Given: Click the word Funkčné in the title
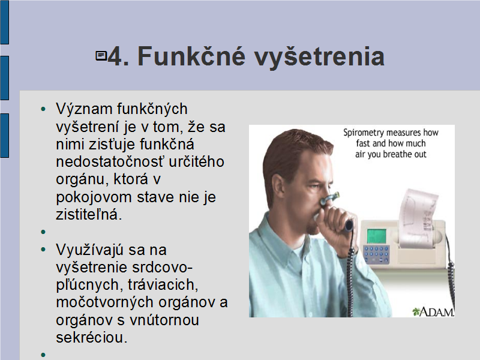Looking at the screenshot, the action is pyautogui.click(x=191, y=56).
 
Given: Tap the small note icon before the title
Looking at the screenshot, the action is pyautogui.click(x=101, y=56).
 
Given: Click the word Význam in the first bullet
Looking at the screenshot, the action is pyautogui.click(x=85, y=109).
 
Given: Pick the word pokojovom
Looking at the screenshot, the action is pyautogui.click(x=94, y=197).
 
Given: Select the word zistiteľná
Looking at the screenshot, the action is pyautogui.click(x=89, y=214).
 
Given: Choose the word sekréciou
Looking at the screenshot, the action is pyautogui.click(x=92, y=338).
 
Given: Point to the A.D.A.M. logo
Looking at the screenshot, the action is pyautogui.click(x=433, y=311).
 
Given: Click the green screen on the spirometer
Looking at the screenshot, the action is pyautogui.click(x=377, y=236).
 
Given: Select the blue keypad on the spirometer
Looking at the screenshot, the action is pyautogui.click(x=376, y=254).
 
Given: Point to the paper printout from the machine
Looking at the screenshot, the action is pyautogui.click(x=418, y=217).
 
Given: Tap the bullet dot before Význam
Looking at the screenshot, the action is pyautogui.click(x=43, y=109).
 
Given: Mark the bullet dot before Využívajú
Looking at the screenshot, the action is pyautogui.click(x=43, y=250).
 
